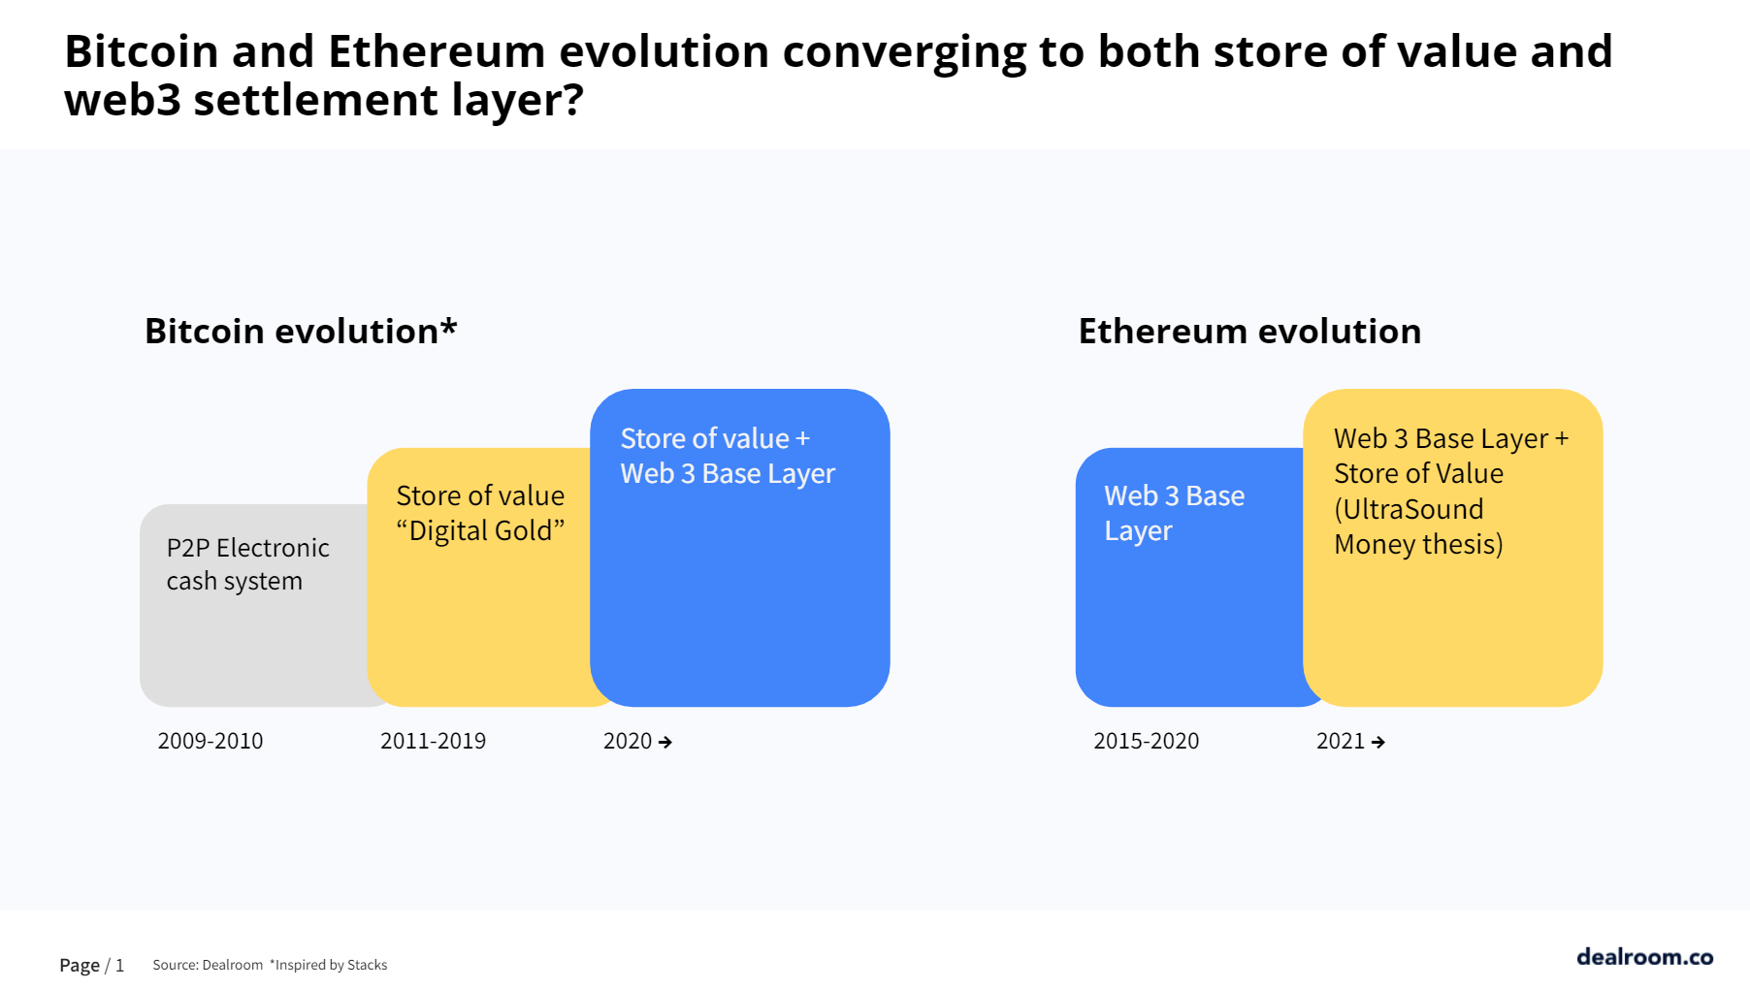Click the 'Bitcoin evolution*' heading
tap(300, 332)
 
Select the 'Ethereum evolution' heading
tap(1249, 332)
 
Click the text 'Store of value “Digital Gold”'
tap(480, 513)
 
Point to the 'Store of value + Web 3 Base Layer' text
tap(727, 456)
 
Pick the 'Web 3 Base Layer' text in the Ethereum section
tap(1174, 513)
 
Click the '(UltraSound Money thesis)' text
tap(1417, 526)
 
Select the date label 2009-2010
tap(211, 741)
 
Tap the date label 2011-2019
tap(433, 741)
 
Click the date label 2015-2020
tap(1146, 741)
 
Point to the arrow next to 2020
tap(665, 743)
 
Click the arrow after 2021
tap(1378, 743)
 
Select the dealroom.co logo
tap(1644, 957)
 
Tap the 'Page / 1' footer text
tap(91, 965)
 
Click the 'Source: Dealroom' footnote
tap(208, 965)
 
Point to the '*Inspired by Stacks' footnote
tap(328, 965)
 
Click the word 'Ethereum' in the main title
tap(437, 51)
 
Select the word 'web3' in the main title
tap(122, 100)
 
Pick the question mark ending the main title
tap(572, 100)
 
